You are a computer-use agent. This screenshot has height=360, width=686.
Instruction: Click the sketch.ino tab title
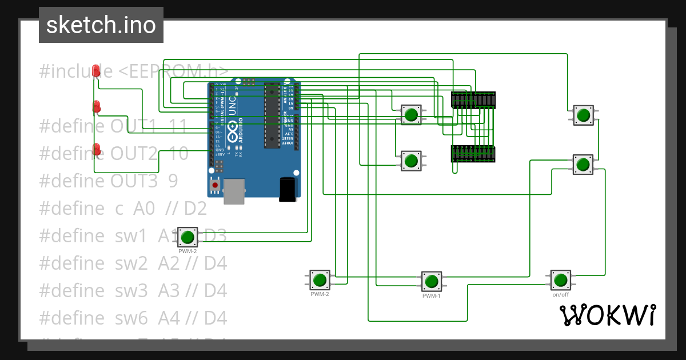[x=101, y=25]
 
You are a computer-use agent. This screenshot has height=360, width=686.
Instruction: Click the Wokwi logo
[x=608, y=315]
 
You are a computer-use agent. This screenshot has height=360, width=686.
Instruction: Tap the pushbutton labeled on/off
[x=560, y=280]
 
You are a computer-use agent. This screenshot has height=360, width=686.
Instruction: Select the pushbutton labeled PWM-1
[x=432, y=281]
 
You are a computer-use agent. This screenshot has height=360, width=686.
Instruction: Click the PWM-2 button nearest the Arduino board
[x=188, y=237]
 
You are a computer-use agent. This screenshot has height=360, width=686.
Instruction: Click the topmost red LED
[x=97, y=71]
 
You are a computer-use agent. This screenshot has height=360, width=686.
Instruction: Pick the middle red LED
[x=97, y=107]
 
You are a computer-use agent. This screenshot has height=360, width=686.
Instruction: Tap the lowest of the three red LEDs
[x=97, y=150]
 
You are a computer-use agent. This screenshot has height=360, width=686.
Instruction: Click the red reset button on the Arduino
[x=215, y=185]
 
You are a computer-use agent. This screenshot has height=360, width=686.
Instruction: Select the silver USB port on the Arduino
[x=234, y=191]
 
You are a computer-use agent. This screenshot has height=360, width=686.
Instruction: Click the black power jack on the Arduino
[x=288, y=189]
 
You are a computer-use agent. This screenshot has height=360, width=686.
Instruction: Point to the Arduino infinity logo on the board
[x=233, y=134]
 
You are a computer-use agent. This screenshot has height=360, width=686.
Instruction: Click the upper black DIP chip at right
[x=473, y=100]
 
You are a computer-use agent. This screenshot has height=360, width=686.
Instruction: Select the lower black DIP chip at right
[x=473, y=154]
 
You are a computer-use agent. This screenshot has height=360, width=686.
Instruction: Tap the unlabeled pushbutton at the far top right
[x=583, y=115]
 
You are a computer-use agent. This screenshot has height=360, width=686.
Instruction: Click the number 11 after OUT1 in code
[x=179, y=126]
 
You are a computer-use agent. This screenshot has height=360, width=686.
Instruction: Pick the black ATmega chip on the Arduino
[x=272, y=114]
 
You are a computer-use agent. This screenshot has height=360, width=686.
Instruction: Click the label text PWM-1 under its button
[x=432, y=296]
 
